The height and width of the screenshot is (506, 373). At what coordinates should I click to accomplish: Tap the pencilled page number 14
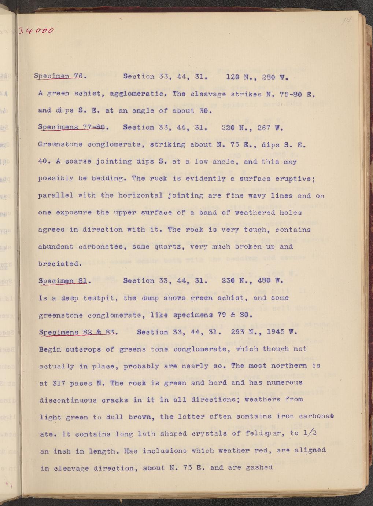click(346, 22)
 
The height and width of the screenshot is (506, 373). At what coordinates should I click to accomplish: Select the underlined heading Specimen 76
click(60, 77)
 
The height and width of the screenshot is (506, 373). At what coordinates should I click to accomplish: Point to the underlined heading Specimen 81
click(63, 281)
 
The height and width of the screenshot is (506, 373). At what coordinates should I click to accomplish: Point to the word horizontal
click(140, 195)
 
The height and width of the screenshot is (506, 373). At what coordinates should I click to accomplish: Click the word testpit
click(100, 298)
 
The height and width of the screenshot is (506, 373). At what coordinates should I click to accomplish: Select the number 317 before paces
click(59, 383)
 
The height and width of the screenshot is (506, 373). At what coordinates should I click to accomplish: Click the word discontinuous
click(68, 400)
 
